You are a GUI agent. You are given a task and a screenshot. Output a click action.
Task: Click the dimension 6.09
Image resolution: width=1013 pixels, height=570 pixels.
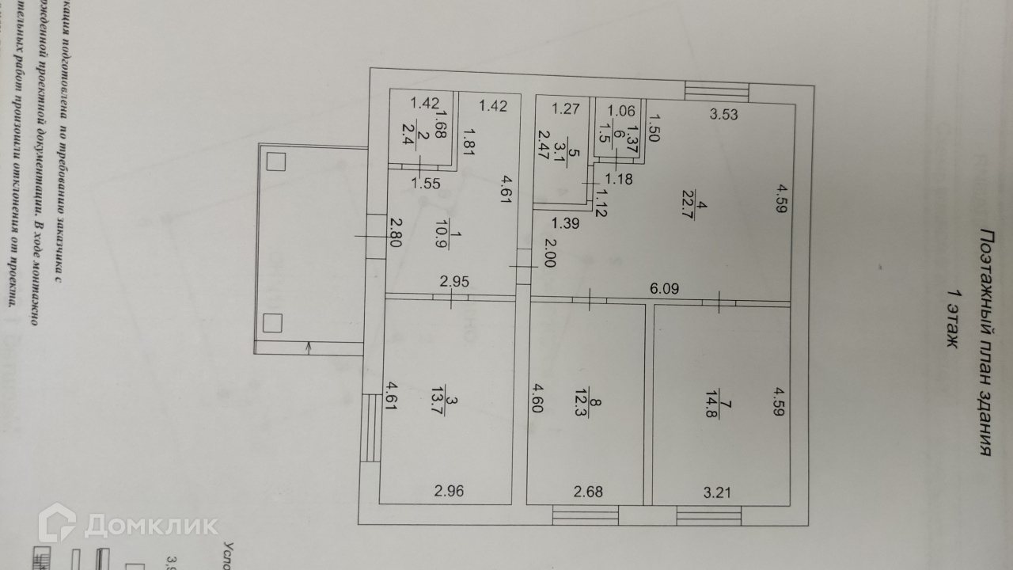[665, 291]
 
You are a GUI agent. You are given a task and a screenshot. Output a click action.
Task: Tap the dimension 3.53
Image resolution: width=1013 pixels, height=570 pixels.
[723, 114]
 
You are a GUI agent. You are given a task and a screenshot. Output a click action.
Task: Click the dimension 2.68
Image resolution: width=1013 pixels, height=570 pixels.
[588, 491]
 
